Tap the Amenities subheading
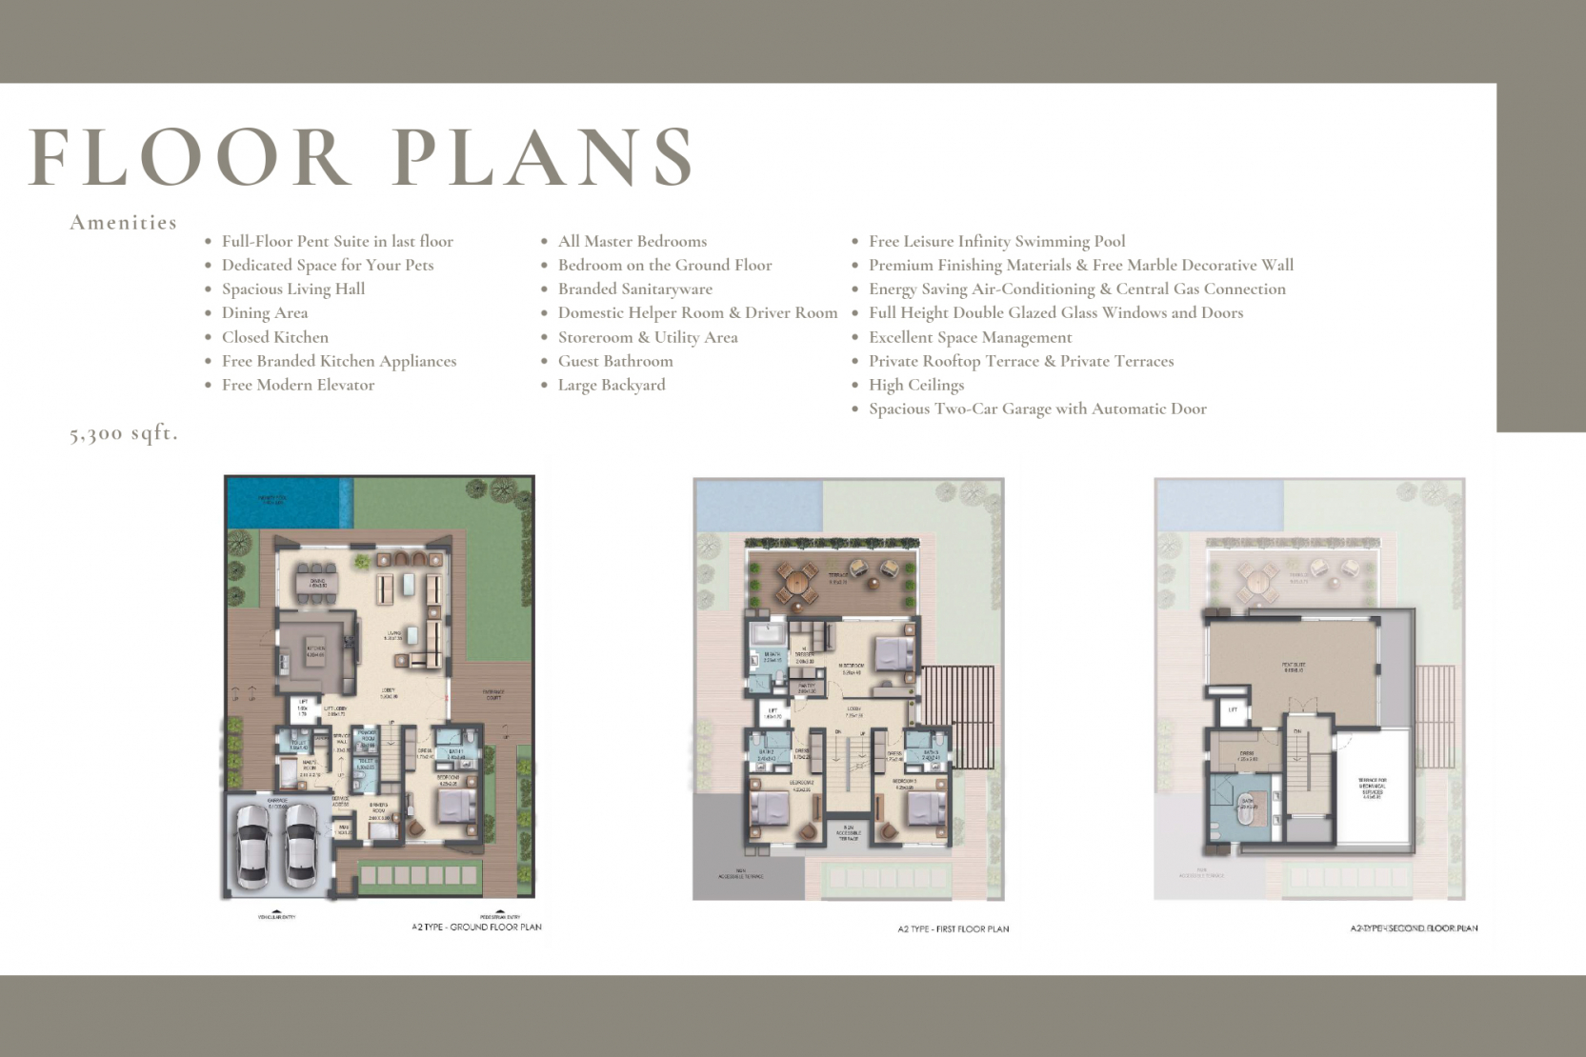point(123,223)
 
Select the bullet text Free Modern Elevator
point(297,385)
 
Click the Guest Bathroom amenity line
point(614,361)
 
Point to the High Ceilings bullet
point(915,385)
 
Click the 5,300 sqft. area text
point(123,434)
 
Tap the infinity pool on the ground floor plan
point(284,501)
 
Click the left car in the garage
point(254,844)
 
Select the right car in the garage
point(300,844)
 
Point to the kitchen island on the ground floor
point(315,651)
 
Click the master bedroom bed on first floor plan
point(893,654)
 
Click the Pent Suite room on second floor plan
point(1293,667)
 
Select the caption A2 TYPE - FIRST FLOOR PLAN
point(953,928)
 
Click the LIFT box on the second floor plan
point(1233,709)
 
